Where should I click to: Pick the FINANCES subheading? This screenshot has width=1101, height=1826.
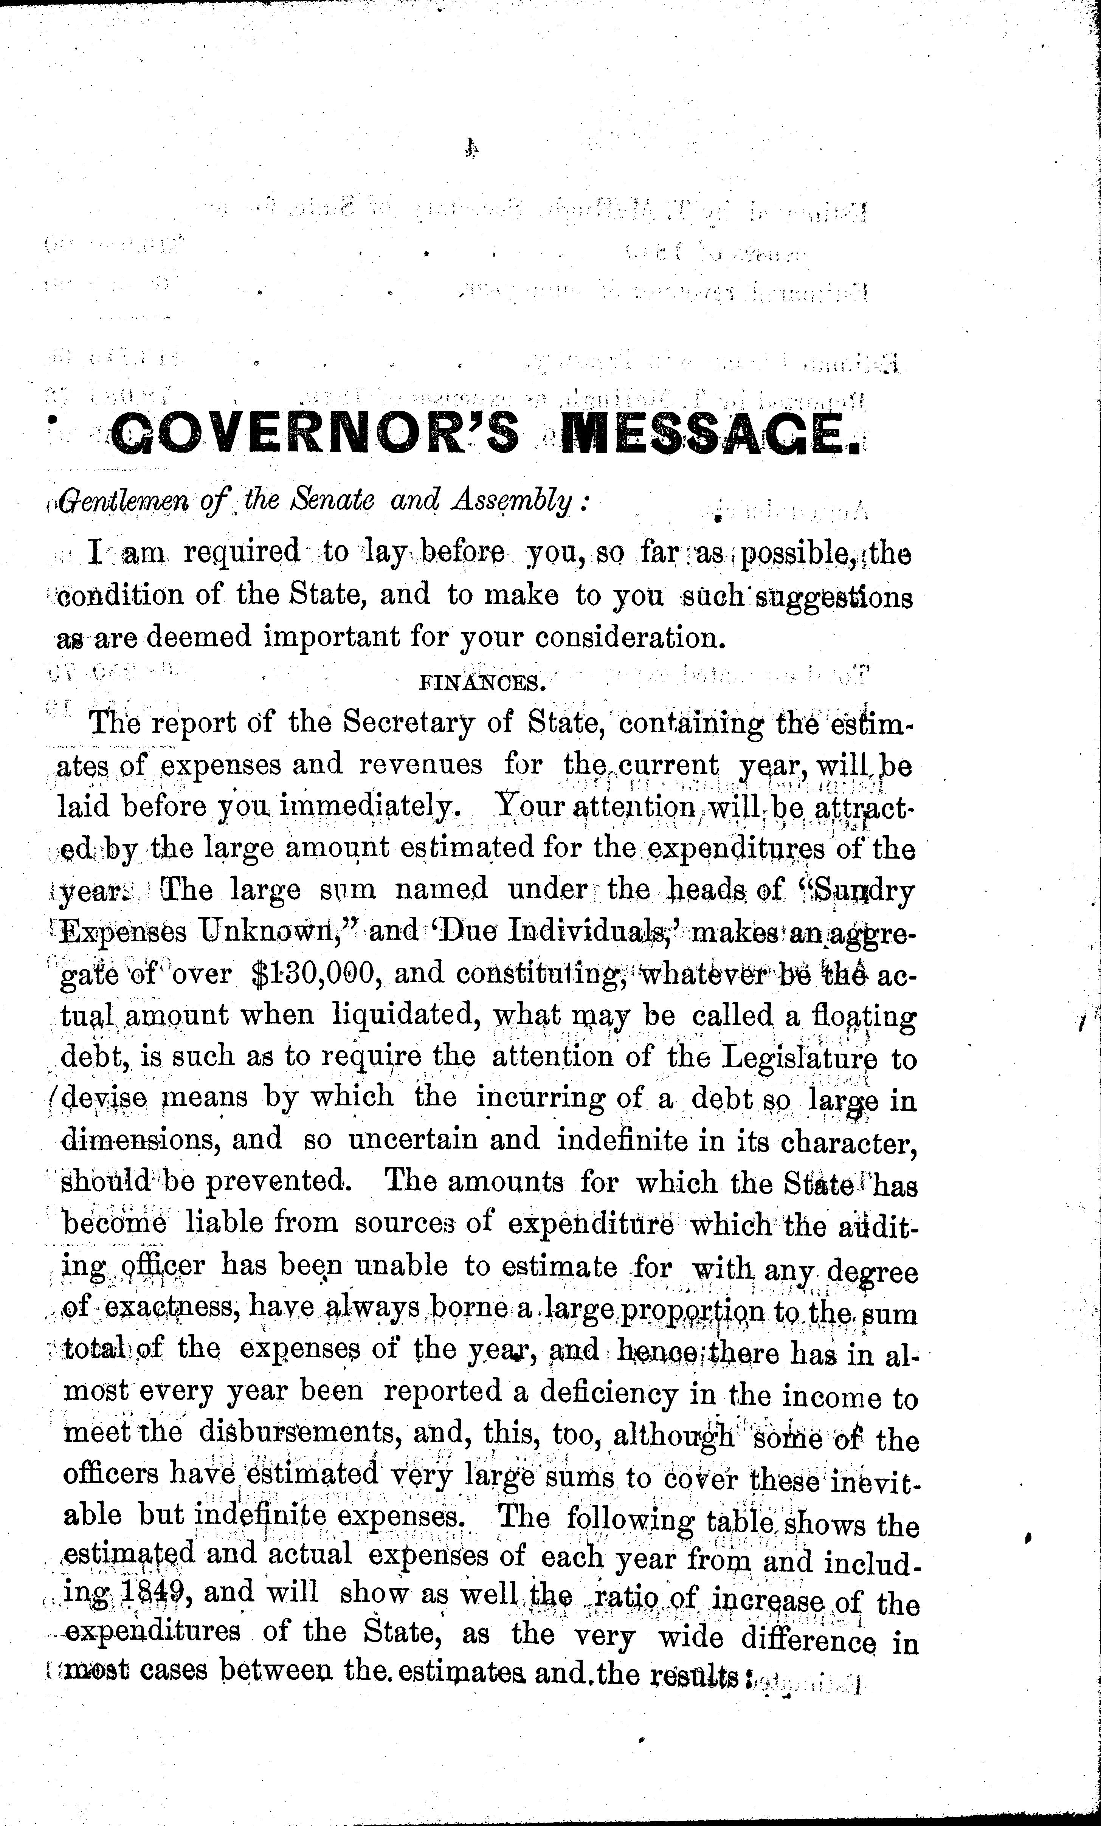[x=484, y=683]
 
